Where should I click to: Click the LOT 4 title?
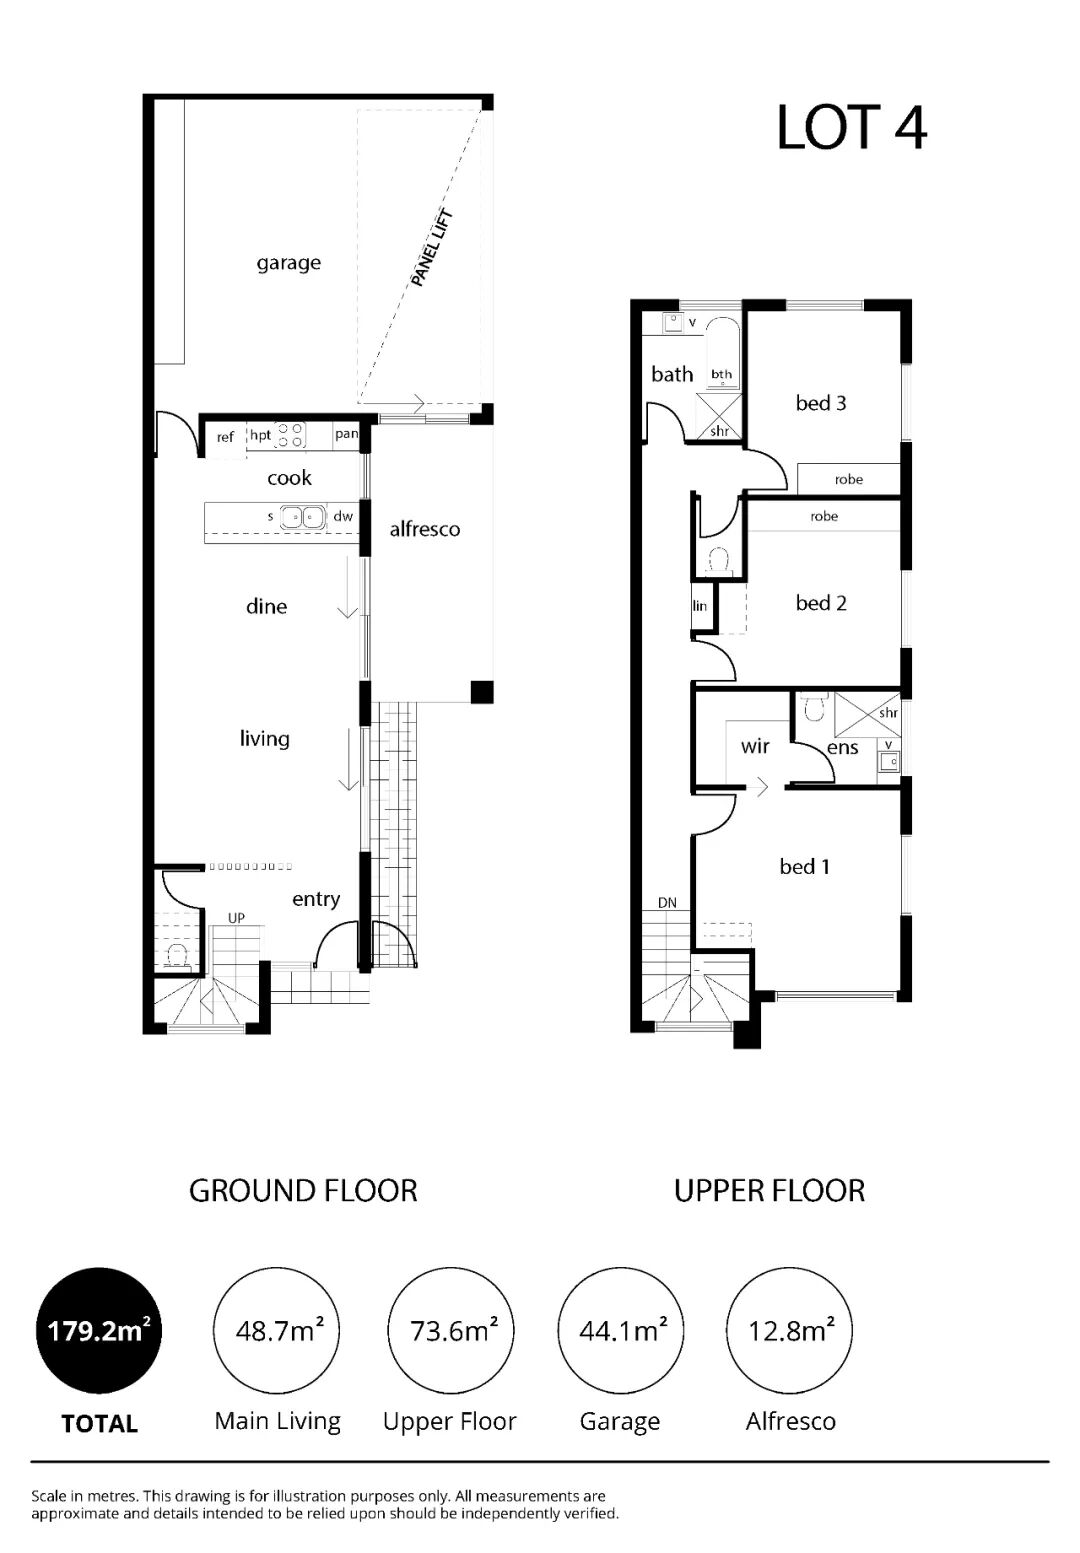pyautogui.click(x=851, y=128)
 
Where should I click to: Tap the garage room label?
pyautogui.click(x=288, y=263)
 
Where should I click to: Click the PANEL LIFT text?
pyautogui.click(x=432, y=248)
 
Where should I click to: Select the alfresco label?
pyautogui.click(x=425, y=529)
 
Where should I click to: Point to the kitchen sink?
pyautogui.click(x=303, y=517)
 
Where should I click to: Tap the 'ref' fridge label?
pyautogui.click(x=225, y=437)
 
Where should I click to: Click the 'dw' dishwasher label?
pyautogui.click(x=343, y=516)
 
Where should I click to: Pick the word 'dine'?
pyautogui.click(x=266, y=607)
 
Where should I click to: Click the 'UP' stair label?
pyautogui.click(x=236, y=918)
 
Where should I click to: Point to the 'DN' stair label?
pyautogui.click(x=668, y=903)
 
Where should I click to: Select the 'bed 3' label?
pyautogui.click(x=821, y=403)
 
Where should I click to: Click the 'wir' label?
pyautogui.click(x=755, y=747)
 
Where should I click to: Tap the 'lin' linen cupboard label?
pyautogui.click(x=699, y=606)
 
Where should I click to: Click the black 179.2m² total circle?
pyautogui.click(x=98, y=1330)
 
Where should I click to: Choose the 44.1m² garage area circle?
pyautogui.click(x=621, y=1330)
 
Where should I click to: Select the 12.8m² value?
pyautogui.click(x=790, y=1330)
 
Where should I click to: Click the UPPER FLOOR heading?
pyautogui.click(x=769, y=1191)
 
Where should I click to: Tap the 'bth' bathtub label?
pyautogui.click(x=722, y=374)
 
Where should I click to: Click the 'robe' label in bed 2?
pyautogui.click(x=824, y=517)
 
